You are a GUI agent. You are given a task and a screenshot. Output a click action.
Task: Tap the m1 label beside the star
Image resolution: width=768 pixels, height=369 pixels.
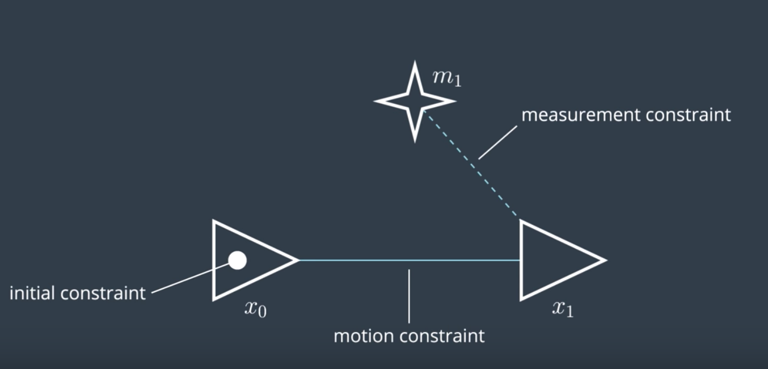[x=447, y=78]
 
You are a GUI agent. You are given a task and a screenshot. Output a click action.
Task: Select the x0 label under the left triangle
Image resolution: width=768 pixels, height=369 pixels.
[x=255, y=309]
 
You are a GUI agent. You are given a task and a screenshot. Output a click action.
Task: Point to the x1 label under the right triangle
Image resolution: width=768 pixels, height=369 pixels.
[x=563, y=309]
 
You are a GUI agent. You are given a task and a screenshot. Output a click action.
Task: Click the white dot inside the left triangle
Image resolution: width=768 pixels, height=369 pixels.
[x=237, y=260]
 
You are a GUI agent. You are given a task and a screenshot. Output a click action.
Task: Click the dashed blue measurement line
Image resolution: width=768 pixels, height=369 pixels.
[x=470, y=163]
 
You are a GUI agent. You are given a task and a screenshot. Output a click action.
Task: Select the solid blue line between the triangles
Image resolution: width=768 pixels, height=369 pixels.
[x=410, y=260]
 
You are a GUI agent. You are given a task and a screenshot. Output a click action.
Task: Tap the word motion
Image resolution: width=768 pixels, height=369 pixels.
[x=364, y=336]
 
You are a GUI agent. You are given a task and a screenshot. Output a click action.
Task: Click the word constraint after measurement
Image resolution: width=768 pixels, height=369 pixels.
[x=688, y=115]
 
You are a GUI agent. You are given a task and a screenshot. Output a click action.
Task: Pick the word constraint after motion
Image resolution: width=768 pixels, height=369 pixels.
[x=442, y=336]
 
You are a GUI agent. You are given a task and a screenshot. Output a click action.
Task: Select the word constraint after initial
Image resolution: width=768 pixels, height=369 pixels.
[x=103, y=293]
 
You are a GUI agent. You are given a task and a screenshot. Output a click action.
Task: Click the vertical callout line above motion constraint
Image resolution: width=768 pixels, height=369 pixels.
[x=409, y=296]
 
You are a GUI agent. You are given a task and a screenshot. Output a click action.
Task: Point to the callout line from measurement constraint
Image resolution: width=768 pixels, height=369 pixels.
[x=498, y=142]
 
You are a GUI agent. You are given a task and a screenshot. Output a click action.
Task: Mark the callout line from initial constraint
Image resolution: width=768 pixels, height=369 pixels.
[x=190, y=278]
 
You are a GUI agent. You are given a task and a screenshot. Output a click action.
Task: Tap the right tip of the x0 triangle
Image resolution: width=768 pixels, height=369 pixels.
[x=298, y=260]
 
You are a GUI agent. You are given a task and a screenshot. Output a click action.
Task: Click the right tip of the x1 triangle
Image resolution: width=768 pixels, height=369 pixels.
[x=606, y=260]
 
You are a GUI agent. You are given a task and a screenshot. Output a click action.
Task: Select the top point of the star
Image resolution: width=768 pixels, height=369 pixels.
[x=415, y=61]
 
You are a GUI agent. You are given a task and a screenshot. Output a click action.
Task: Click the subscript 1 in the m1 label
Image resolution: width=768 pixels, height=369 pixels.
[x=457, y=82]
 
